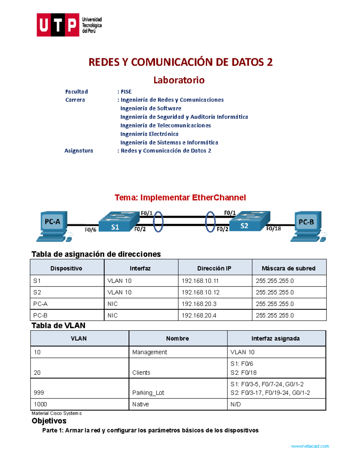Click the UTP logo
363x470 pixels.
pos(69,25)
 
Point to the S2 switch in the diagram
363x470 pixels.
pos(249,222)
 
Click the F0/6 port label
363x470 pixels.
pos(90,230)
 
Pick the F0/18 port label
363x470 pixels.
pos(273,229)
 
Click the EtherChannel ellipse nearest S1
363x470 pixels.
pos(158,222)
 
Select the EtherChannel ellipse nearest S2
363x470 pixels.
pos(210,222)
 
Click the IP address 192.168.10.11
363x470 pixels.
pos(200,281)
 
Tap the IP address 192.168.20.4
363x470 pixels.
pos(199,315)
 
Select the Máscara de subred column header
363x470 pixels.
pos(289,268)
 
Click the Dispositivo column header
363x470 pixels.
pos(66,268)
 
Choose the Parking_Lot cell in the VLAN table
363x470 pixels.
pos(148,393)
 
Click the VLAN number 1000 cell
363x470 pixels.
pos(41,404)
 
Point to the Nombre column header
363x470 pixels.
pos(178,339)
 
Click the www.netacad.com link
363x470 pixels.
pos(310,446)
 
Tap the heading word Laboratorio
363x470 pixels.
pos(179,80)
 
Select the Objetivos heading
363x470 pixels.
pos(49,421)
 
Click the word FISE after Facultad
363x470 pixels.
pos(126,92)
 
